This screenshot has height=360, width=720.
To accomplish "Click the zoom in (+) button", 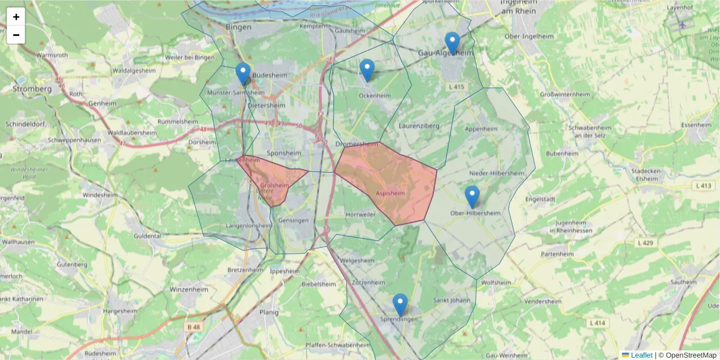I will tap(16, 17).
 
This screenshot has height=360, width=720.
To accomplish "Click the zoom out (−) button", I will tap(16, 35).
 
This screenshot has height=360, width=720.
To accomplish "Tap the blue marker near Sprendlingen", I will tap(400, 304).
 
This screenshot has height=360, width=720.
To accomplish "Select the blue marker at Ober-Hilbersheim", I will tap(472, 196).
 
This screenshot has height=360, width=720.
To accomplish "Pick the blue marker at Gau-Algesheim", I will tap(452, 43).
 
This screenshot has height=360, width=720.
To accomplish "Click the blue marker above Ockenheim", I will tap(367, 70).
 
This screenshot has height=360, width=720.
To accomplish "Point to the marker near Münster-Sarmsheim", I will tap(243, 73).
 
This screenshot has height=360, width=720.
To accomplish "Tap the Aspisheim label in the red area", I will tap(390, 194).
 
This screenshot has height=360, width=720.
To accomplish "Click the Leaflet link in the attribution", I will tap(641, 355).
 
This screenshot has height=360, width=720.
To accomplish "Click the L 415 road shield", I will tap(457, 87).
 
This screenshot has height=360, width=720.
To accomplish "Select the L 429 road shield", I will tap(645, 242).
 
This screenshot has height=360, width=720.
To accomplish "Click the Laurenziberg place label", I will tap(419, 126).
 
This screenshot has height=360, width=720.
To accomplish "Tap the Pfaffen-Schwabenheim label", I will tap(338, 345).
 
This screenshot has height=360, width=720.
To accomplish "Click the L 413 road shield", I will tap(704, 187).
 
